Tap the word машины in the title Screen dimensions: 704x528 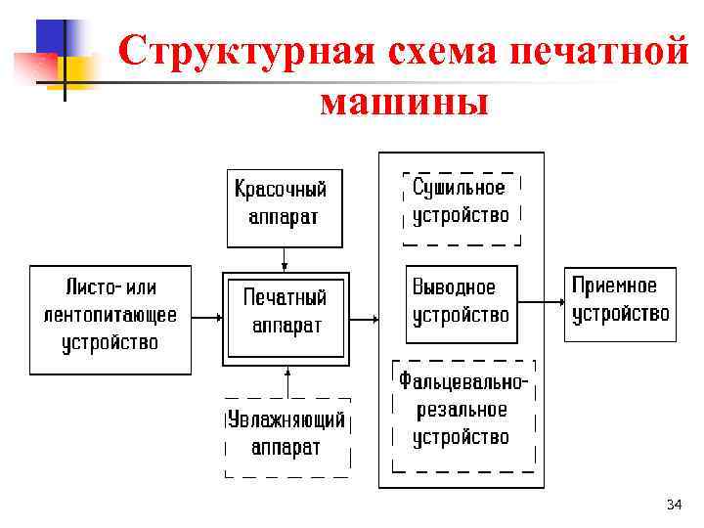point(403,100)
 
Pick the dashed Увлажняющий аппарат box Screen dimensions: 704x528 point(286,435)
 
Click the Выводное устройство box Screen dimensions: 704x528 point(461,303)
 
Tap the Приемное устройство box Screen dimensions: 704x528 point(620,302)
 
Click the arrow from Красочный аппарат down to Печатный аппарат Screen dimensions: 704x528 point(286,259)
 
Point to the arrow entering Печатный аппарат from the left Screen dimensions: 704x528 point(206,317)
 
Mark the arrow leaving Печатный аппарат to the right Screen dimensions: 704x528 point(364,318)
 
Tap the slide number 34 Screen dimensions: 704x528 point(673,505)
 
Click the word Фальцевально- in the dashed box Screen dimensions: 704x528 point(463,381)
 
